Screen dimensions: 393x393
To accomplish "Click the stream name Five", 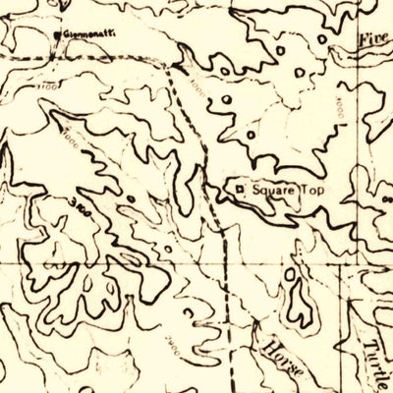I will coord(373,40).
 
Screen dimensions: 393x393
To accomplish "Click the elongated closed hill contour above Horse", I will coord(297,303).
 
